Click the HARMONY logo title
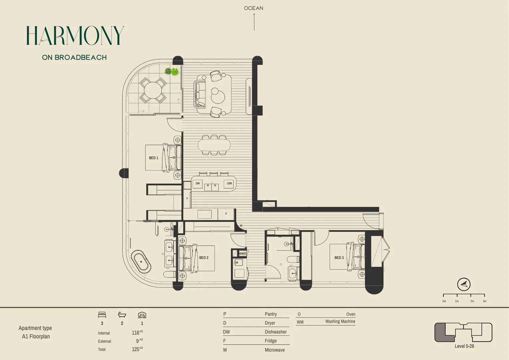(75, 36)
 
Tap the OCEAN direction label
(254, 8)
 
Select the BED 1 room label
(154, 158)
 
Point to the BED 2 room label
(204, 258)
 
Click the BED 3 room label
(339, 258)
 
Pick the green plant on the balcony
(172, 71)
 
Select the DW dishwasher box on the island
(198, 183)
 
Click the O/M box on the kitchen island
(229, 183)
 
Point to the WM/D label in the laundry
(243, 254)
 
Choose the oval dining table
(214, 145)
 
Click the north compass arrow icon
(464, 285)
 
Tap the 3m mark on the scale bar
(484, 301)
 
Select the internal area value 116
(136, 333)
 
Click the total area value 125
(136, 349)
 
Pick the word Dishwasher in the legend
(275, 332)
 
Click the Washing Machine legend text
(340, 322)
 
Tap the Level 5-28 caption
(464, 346)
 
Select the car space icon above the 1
(142, 315)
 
